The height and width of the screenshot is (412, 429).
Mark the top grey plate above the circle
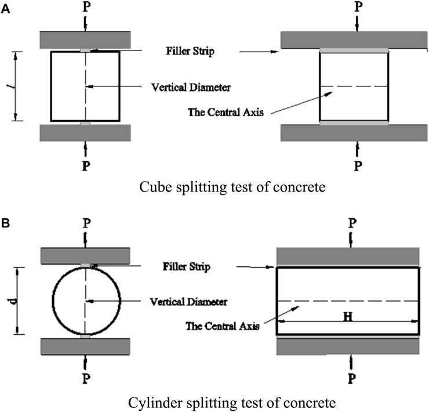coord(86,255)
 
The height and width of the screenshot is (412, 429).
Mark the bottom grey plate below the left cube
coord(86,132)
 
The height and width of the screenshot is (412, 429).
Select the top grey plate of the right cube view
coord(354,39)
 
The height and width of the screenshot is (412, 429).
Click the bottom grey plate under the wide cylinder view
coord(348,346)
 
